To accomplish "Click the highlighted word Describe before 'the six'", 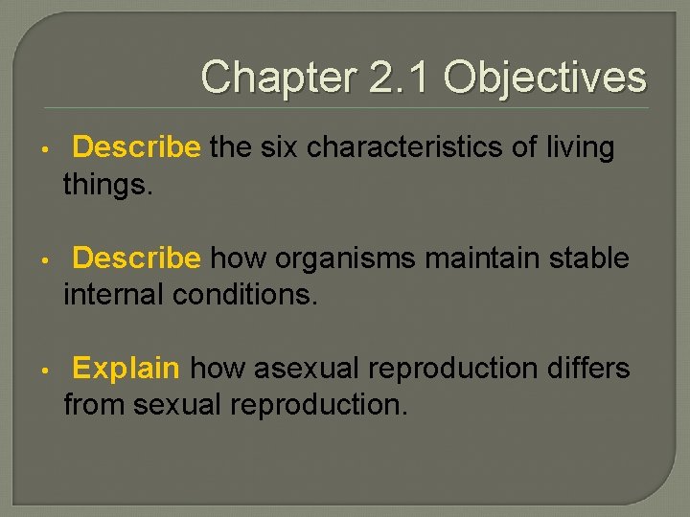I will [136, 147].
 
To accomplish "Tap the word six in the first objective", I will [278, 147].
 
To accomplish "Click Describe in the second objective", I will [136, 258].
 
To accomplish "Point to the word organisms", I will [336, 258].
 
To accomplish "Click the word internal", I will [114, 294].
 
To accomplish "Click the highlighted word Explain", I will [126, 369].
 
